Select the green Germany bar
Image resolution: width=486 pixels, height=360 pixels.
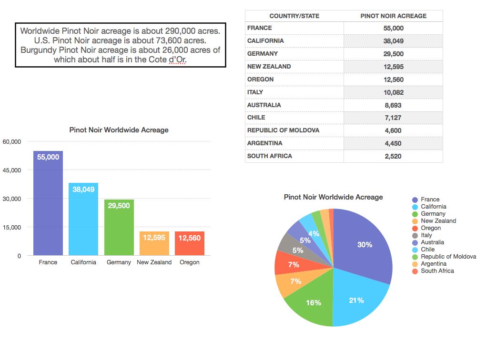(119, 229)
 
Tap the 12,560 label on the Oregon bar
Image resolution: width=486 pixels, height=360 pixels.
(189, 238)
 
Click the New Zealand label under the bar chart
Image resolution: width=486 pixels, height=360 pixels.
(154, 262)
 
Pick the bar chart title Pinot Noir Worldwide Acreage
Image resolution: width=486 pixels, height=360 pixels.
(119, 130)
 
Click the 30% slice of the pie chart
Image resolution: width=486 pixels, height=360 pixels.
(365, 245)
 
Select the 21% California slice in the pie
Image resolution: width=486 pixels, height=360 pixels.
(356, 300)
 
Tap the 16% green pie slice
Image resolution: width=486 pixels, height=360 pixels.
(314, 303)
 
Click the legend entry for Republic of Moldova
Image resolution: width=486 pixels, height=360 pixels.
(448, 257)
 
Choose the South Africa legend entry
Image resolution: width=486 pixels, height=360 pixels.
(437, 271)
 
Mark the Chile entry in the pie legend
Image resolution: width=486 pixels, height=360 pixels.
(428, 250)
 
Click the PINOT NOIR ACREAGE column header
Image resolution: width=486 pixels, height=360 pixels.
(393, 16)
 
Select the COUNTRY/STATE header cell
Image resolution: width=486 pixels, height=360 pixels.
(294, 16)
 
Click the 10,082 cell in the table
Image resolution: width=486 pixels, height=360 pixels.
(393, 92)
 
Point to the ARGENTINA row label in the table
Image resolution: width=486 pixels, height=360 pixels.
(265, 143)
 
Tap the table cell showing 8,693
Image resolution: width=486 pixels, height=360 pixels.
(393, 105)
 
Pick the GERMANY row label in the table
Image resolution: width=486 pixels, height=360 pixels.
(263, 54)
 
